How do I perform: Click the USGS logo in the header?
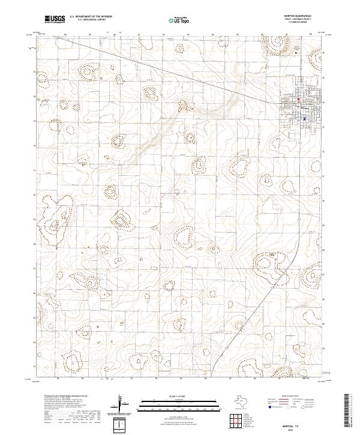[55, 19]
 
